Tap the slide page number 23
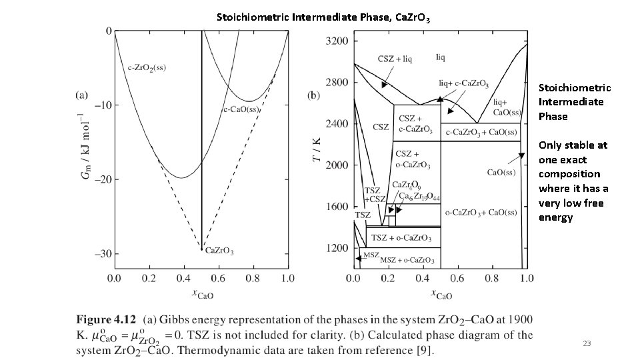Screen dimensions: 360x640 click(587, 343)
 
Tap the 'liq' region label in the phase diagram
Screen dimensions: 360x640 click(441, 57)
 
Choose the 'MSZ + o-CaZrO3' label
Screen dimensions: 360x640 click(399, 259)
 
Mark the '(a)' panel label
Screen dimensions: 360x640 click(81, 95)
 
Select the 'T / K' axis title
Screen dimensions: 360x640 click(317, 150)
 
